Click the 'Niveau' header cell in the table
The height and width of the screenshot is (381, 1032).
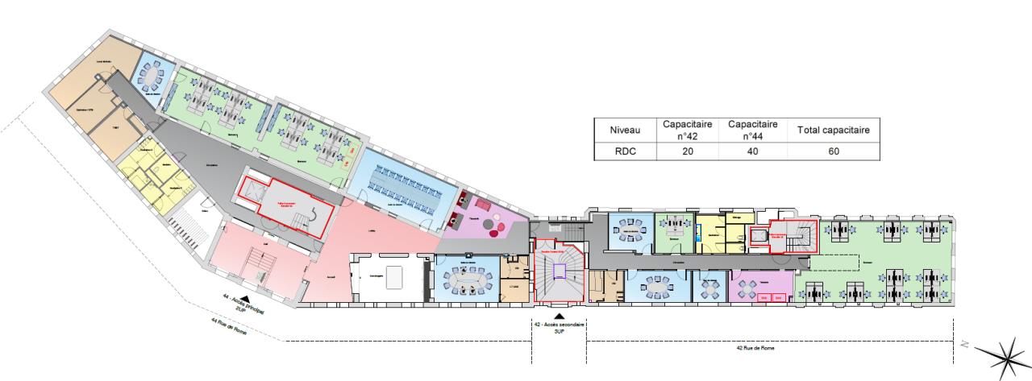tap(626, 130)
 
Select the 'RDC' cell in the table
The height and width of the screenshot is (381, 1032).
tap(626, 150)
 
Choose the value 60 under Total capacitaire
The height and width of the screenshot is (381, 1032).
tap(833, 150)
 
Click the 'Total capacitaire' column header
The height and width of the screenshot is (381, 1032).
tap(833, 130)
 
